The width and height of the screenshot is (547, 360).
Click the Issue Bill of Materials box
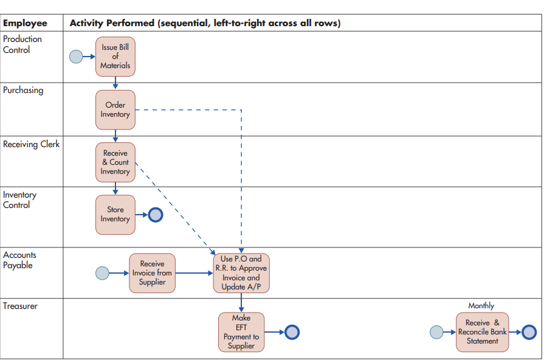point(115,57)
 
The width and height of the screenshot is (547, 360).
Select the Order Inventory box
point(115,110)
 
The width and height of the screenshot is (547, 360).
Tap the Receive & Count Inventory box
point(115,162)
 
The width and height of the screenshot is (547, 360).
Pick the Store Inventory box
point(115,214)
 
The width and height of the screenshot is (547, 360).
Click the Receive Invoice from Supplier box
point(152,273)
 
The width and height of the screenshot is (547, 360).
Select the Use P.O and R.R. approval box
point(241,273)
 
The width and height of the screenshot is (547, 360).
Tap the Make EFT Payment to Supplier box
point(241,332)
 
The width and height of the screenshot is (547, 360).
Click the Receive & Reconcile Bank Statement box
point(482,332)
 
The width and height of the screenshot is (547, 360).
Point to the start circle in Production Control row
point(76,57)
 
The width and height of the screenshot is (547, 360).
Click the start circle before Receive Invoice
point(103,273)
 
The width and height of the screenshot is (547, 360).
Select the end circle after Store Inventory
point(156,214)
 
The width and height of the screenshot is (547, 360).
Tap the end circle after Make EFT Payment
point(292,332)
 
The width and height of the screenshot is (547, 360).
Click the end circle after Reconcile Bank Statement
point(529,332)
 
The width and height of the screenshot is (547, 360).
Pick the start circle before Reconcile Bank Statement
point(436,332)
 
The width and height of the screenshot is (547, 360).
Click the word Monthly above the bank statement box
point(481,306)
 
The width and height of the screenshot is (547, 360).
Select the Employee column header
point(25,23)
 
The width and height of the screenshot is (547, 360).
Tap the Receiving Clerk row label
point(32,145)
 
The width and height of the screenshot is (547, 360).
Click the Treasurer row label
point(20,306)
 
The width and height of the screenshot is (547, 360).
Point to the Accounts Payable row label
point(19,260)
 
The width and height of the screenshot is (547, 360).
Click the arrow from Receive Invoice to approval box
point(193,273)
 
